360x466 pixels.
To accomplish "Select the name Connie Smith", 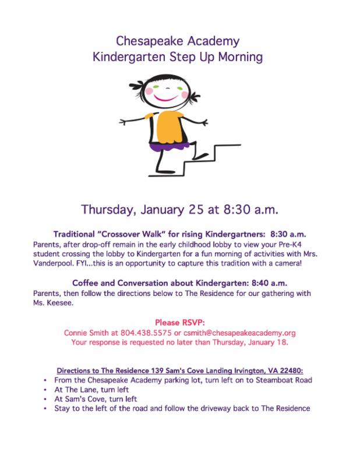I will point(122,333).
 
